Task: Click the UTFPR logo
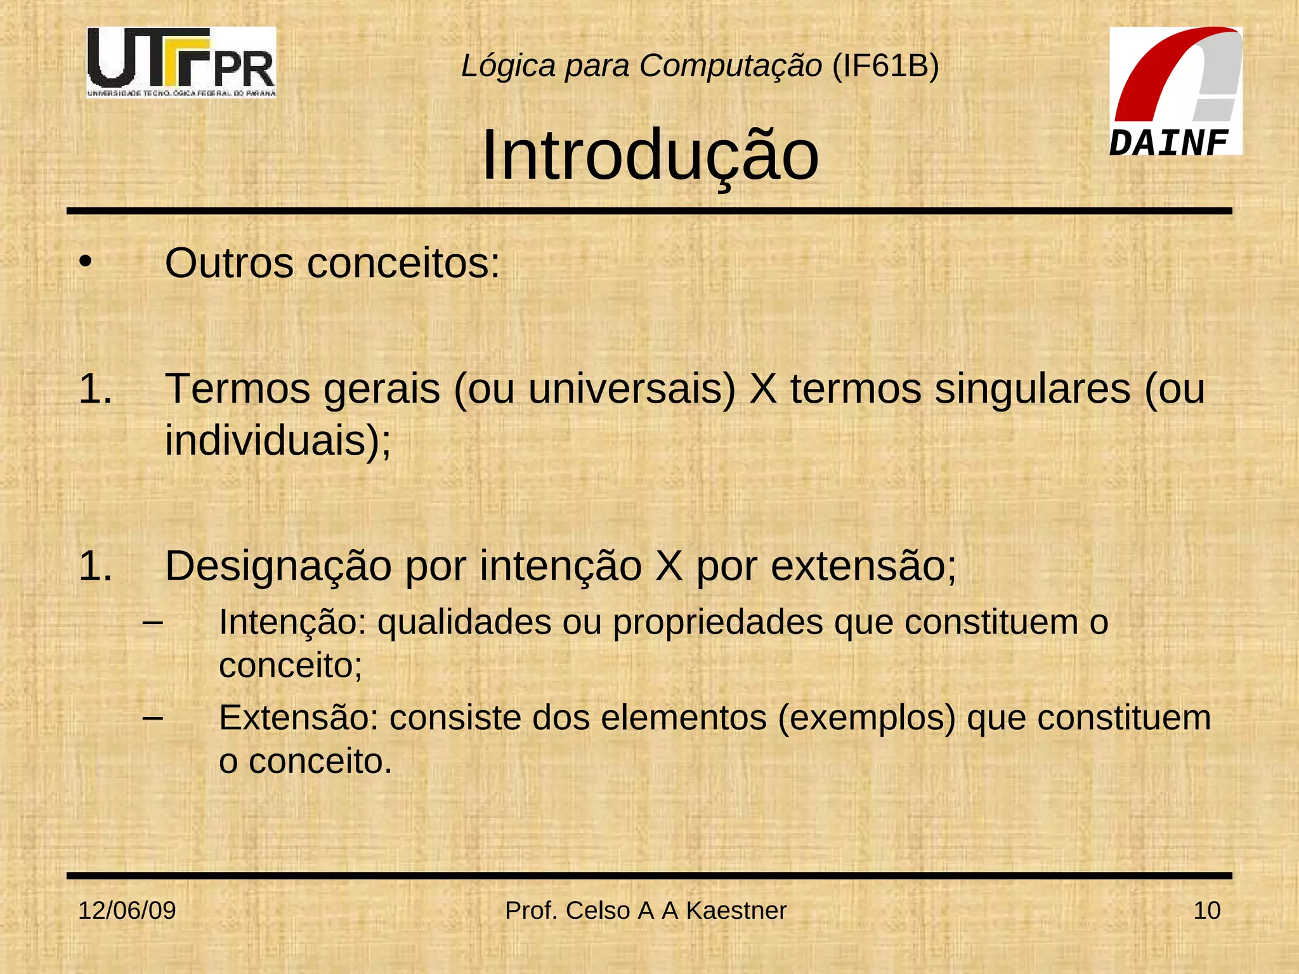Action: pyautogui.click(x=181, y=62)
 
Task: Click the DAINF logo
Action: pyautogui.click(x=1175, y=91)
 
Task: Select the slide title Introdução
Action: pyautogui.click(x=650, y=156)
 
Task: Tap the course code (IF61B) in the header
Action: pyautogui.click(x=885, y=66)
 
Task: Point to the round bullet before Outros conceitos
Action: pyautogui.click(x=86, y=261)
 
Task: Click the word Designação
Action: pyautogui.click(x=278, y=566)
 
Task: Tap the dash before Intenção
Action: pyautogui.click(x=153, y=623)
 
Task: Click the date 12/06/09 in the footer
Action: pyautogui.click(x=127, y=911)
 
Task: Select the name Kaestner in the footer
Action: pyautogui.click(x=736, y=911)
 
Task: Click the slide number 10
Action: pyautogui.click(x=1206, y=911)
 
